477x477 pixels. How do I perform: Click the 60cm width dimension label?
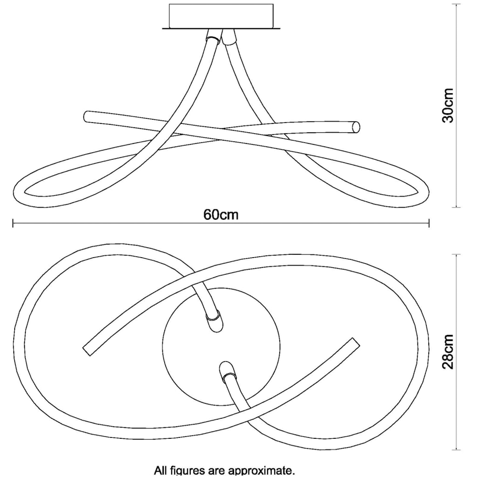(221, 214)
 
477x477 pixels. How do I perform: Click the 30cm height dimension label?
(448, 105)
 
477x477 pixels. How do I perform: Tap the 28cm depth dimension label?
(448, 352)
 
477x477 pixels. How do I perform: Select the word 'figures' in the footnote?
(190, 471)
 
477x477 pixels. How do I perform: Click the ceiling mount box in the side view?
(221, 16)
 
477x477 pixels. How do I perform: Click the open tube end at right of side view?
(355, 127)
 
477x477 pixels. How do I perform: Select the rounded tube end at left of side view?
(87, 116)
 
